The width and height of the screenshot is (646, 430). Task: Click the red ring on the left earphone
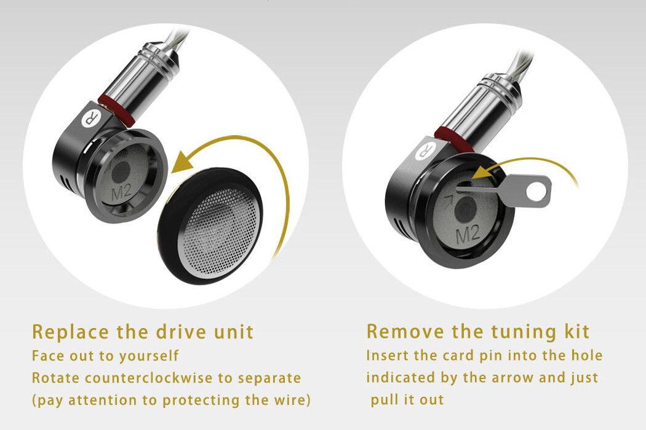[116, 110]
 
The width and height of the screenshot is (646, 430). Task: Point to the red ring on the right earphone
[453, 139]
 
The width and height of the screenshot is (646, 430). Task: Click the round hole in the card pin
[536, 191]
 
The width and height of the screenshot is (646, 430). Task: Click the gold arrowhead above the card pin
[481, 173]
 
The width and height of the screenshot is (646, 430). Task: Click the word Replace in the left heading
[71, 332]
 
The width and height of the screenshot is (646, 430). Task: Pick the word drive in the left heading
[181, 332]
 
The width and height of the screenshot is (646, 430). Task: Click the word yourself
[148, 356]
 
